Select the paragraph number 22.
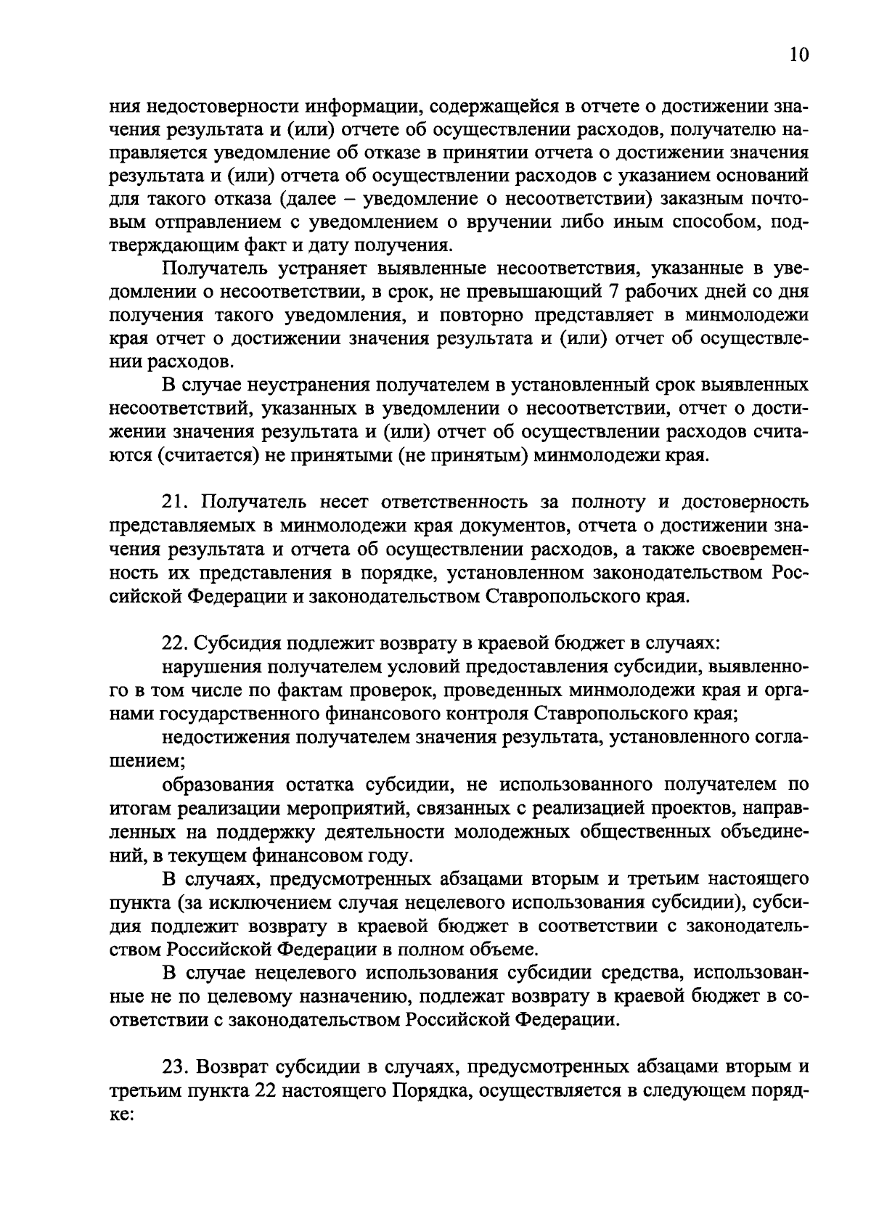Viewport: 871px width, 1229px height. click(x=174, y=644)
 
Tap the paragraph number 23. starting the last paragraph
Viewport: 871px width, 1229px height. click(x=174, y=1068)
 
